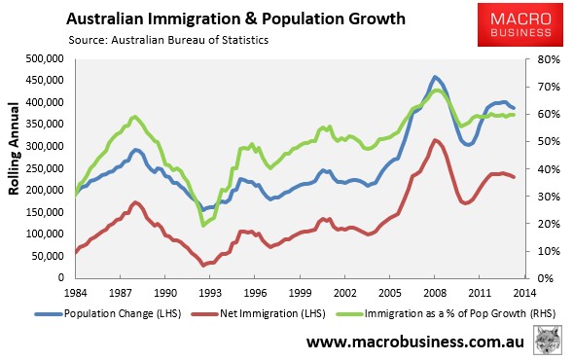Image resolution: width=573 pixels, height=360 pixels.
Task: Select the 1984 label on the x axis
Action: (x=77, y=292)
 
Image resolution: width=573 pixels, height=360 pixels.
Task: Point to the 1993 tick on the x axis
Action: (x=206, y=292)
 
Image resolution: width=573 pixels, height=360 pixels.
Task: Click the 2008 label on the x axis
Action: (x=437, y=292)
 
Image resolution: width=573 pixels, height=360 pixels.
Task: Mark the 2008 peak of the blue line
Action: (x=436, y=77)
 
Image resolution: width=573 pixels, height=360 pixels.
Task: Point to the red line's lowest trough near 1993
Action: (x=203, y=266)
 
